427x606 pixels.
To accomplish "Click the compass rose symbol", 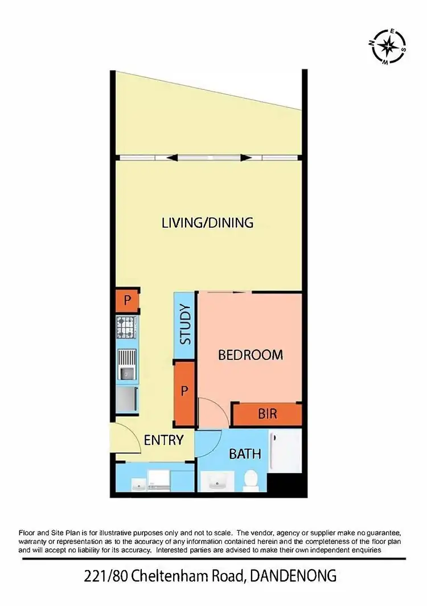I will tap(389, 46).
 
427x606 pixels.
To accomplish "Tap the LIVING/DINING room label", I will tap(207, 222).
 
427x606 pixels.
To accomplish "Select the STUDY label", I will tap(185, 326).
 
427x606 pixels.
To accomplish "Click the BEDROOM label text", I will tap(251, 355).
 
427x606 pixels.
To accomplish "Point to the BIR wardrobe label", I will tap(267, 413).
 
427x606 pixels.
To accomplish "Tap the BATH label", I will tap(245, 454).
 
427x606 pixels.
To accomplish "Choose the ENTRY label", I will tap(163, 440).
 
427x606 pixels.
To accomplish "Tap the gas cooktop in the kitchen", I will tap(127, 327).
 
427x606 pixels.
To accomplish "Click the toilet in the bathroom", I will tap(249, 481).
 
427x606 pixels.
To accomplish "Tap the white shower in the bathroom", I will tap(285, 452).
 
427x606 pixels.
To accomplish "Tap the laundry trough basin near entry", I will tap(139, 484).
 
